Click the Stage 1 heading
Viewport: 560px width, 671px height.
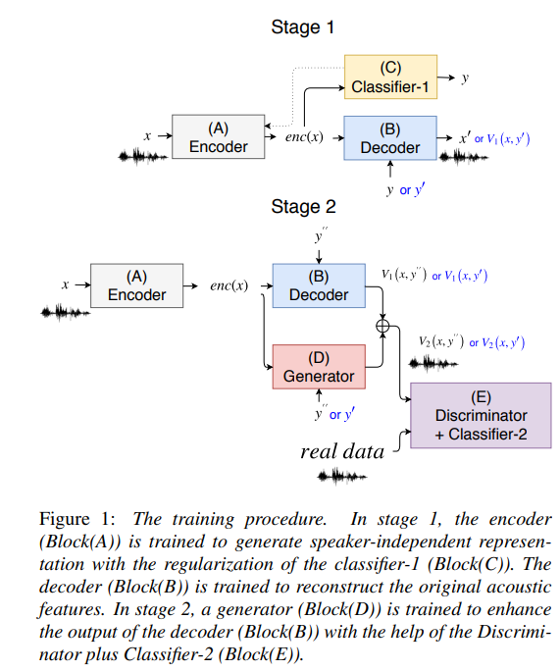tap(302, 27)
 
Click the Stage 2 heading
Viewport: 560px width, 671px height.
tap(303, 207)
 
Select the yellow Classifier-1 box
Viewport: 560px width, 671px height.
tap(389, 78)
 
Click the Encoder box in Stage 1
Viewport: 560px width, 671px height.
tap(218, 137)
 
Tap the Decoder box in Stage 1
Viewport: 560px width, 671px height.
tap(389, 137)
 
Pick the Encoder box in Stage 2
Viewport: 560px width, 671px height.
tap(136, 285)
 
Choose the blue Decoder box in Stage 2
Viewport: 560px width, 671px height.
tap(319, 284)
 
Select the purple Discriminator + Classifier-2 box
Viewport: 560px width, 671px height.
tap(481, 415)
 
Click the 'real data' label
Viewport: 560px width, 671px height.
tap(341, 452)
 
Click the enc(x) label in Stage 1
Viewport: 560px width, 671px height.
tap(304, 136)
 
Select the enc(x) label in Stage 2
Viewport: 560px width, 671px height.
tap(228, 285)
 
